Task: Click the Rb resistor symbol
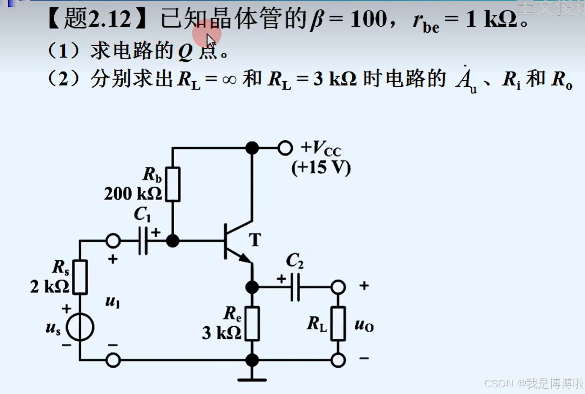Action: click(173, 184)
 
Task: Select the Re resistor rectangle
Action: click(252, 323)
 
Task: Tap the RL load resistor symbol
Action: click(338, 323)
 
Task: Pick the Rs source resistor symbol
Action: click(80, 277)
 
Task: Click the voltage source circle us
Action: click(80, 327)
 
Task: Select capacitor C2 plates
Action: click(295, 287)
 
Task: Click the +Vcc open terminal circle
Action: click(285, 148)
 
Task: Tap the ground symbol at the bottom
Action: click(252, 379)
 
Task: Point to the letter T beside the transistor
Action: click(255, 240)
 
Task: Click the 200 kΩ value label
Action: click(133, 194)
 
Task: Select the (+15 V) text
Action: click(321, 168)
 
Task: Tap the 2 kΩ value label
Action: click(49, 287)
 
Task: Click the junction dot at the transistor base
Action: click(172, 241)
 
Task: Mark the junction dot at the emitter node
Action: click(252, 287)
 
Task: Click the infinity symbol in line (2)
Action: click(230, 79)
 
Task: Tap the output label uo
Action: click(364, 325)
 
